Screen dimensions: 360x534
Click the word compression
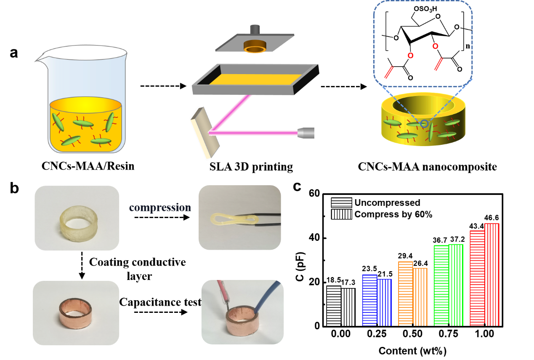coord(160,208)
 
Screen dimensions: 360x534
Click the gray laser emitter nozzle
coord(306,133)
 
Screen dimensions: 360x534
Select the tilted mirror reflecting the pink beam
coord(205,134)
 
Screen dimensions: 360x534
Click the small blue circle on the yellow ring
coord(424,124)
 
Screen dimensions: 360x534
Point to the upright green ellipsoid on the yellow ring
coord(431,132)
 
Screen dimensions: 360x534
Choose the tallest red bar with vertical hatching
coord(491,274)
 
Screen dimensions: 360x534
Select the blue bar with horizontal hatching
coord(369,300)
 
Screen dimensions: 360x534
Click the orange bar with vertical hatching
coord(420,296)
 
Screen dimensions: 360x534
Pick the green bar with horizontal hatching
coord(441,285)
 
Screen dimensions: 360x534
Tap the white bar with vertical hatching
coord(348,307)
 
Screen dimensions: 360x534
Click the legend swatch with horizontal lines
coord(341,203)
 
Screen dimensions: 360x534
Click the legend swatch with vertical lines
coord(341,214)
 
